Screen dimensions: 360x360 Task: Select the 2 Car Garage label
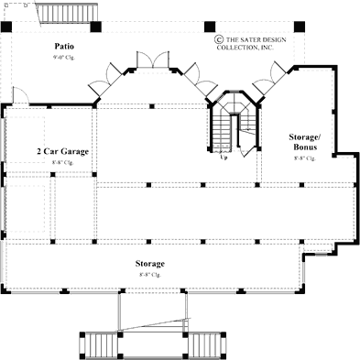62,151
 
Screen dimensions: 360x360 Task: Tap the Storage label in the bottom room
153,263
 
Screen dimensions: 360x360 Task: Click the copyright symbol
219,39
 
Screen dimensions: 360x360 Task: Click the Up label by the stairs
224,157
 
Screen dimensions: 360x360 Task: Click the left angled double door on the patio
114,77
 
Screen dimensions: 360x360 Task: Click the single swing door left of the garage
19,95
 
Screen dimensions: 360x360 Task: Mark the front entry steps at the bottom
154,323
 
